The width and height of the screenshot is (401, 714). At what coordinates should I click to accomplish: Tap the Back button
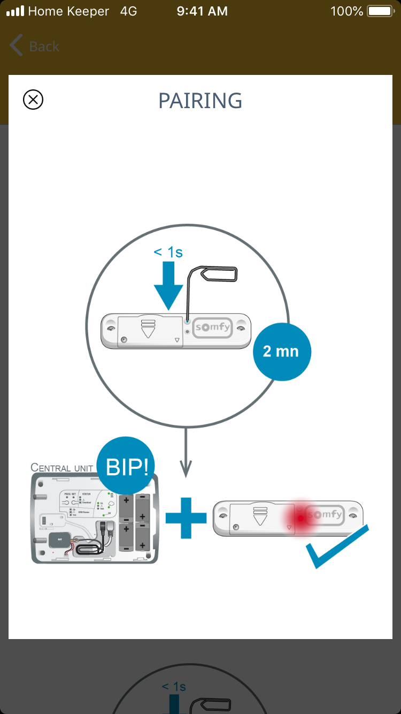pos(34,47)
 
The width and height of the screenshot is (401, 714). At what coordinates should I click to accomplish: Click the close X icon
pos(33,100)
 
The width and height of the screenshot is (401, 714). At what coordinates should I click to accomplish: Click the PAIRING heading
pos(200,101)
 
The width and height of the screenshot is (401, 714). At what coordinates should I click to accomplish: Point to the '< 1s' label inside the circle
pos(168,252)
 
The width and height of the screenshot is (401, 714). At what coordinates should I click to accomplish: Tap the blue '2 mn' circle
pos(281,352)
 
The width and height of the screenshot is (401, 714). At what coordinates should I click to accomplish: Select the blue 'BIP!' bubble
pos(126,467)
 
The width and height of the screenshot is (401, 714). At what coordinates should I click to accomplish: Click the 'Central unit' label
pos(62,467)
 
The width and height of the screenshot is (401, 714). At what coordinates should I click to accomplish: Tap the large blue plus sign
pos(186,518)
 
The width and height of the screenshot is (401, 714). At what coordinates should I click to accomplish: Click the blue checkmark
pos(337,547)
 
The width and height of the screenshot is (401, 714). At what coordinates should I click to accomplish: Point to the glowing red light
pos(301,518)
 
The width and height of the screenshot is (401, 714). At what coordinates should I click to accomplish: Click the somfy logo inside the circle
pos(213,328)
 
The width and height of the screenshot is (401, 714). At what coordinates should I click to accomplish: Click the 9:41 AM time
pos(202,11)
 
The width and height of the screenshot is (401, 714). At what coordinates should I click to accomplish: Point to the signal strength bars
pos(15,11)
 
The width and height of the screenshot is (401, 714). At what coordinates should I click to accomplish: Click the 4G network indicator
pos(128,11)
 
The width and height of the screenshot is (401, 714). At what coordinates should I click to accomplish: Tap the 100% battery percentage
pos(346,11)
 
